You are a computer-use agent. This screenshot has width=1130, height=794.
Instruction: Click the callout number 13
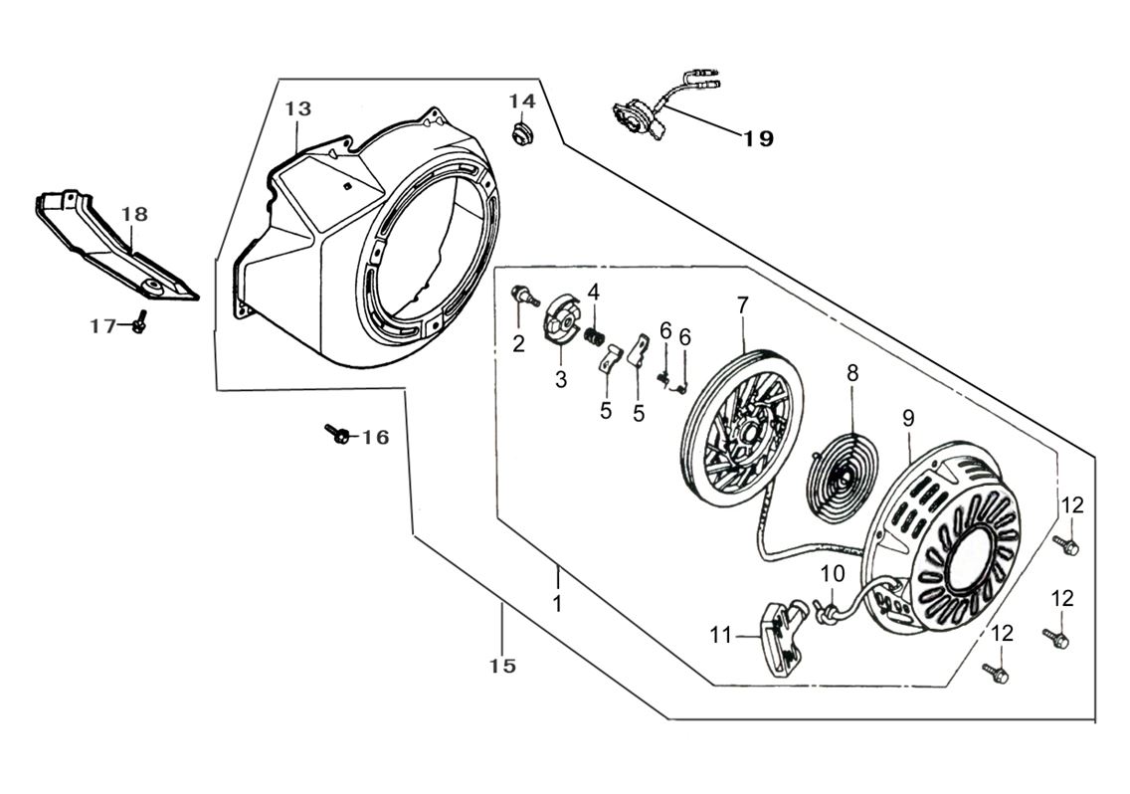(x=298, y=108)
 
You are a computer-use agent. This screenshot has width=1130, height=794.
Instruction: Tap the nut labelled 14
(x=519, y=133)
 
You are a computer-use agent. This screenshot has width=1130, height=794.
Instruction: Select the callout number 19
(x=758, y=139)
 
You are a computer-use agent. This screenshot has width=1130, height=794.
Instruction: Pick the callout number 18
(x=134, y=214)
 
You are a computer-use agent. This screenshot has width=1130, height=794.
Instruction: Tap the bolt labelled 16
(x=338, y=433)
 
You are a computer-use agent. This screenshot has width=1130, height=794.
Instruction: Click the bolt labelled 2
(x=521, y=294)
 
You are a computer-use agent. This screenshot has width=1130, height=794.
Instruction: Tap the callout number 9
(x=907, y=419)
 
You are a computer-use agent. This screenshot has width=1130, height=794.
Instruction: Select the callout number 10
(x=833, y=573)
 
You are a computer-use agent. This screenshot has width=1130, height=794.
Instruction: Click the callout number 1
(x=557, y=604)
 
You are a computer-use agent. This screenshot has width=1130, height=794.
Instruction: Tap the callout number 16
(x=375, y=437)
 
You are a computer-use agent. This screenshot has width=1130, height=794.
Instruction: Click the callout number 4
(x=593, y=292)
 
